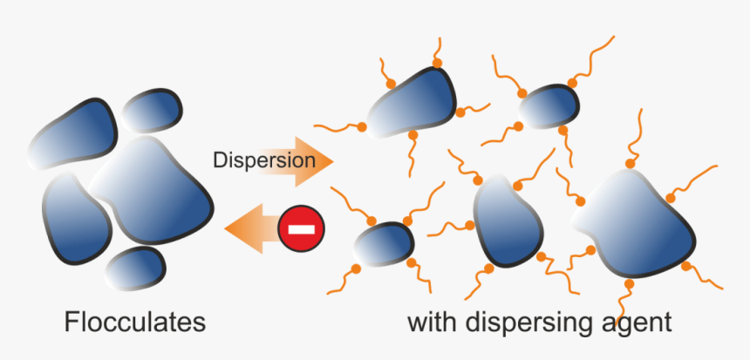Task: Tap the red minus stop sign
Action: click(x=301, y=229)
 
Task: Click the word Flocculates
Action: click(x=134, y=323)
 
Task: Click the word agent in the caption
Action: click(x=638, y=324)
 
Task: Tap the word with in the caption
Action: click(x=433, y=323)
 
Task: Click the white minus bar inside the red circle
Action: click(x=301, y=229)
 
